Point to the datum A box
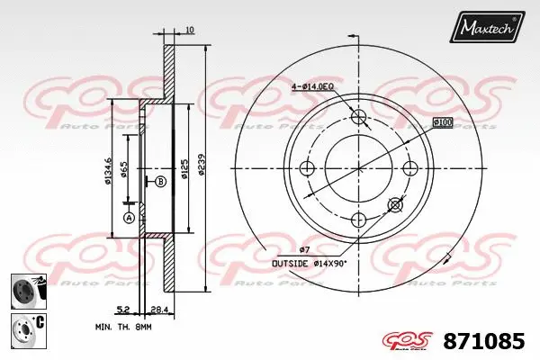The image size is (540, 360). click(x=128, y=218)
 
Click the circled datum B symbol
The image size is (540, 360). click(x=160, y=181)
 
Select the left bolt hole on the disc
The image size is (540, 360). click(x=308, y=168)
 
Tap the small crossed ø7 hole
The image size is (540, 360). click(x=394, y=205)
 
